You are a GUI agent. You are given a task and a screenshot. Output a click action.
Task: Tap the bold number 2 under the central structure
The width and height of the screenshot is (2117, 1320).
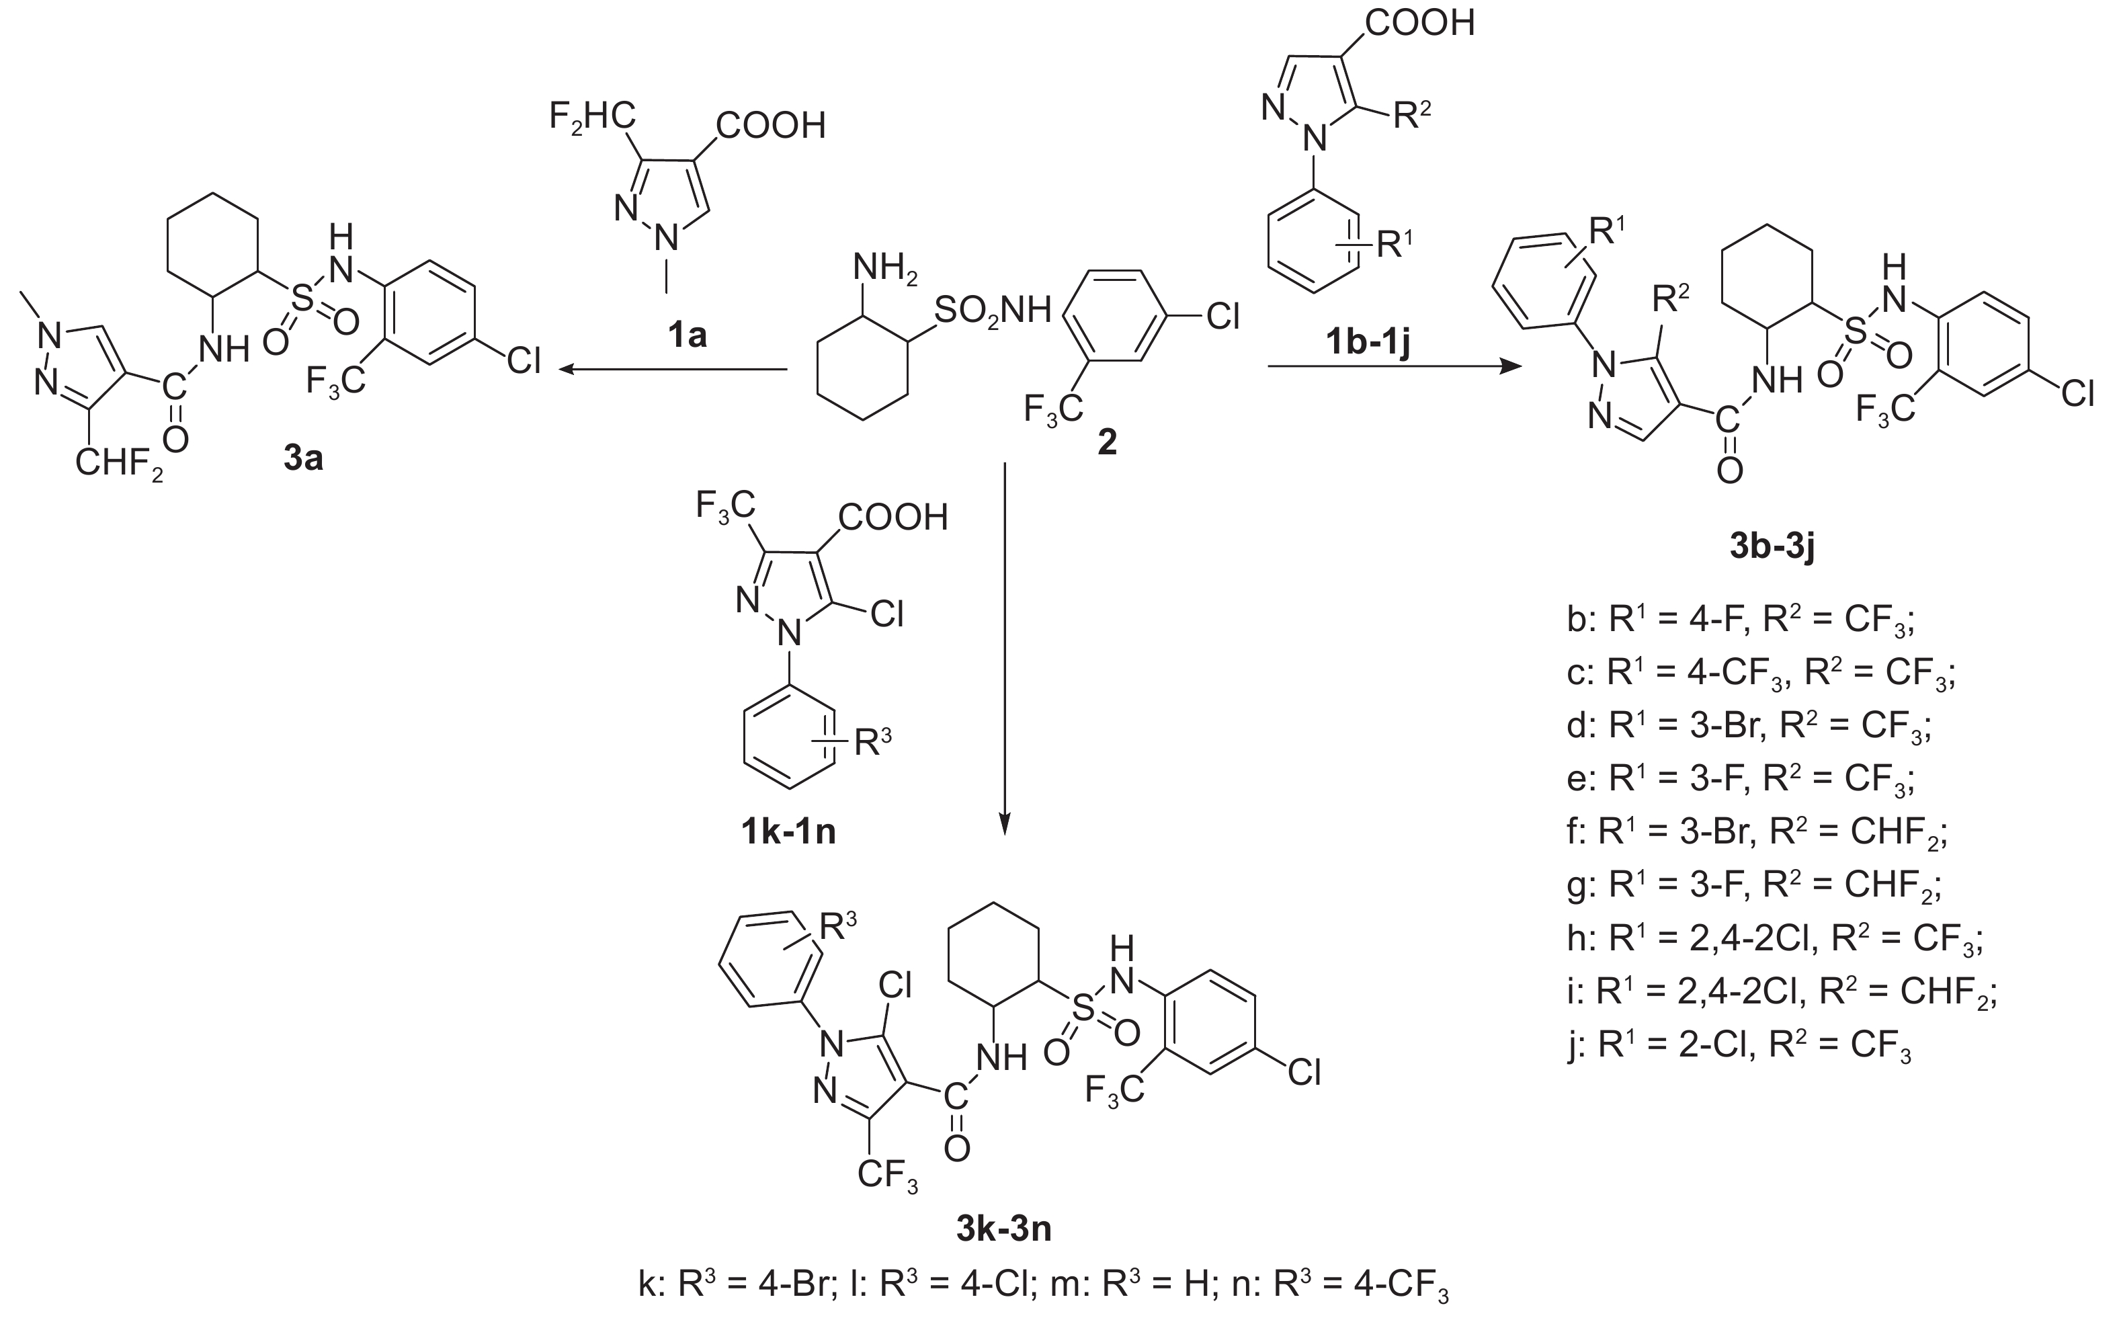coord(1106,444)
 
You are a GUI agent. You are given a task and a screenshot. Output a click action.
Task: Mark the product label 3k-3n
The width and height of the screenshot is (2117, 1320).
coord(1003,1229)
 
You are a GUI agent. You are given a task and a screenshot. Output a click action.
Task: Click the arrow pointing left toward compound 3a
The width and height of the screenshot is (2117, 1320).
coord(672,370)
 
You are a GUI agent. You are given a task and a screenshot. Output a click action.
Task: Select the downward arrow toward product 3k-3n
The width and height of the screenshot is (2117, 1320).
coord(1004,646)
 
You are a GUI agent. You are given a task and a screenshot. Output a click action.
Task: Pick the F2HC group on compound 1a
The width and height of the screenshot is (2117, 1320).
coord(592,116)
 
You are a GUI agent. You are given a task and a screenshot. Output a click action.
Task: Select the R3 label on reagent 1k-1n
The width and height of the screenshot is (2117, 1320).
coord(872,741)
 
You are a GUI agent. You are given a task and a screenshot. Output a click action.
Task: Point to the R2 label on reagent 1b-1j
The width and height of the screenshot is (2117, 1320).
coord(1411,114)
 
